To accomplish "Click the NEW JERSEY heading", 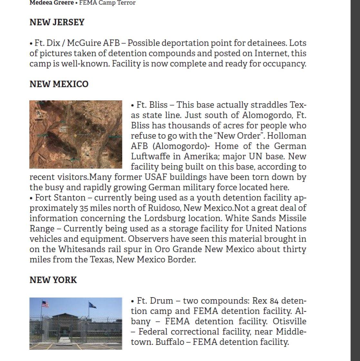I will (57, 22).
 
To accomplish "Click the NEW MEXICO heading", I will (59, 84).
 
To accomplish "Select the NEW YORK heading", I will (53, 280).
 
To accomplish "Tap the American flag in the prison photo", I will (45, 304).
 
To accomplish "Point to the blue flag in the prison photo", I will (92, 305).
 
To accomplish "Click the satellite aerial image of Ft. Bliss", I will (76, 134).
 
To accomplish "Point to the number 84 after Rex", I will (274, 301).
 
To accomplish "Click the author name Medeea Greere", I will (51, 3).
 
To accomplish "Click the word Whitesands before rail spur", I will (81, 249).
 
